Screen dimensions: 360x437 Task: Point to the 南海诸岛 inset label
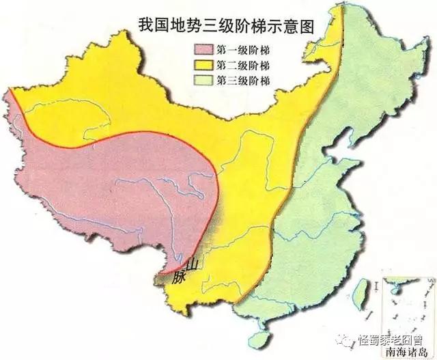(408, 351)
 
